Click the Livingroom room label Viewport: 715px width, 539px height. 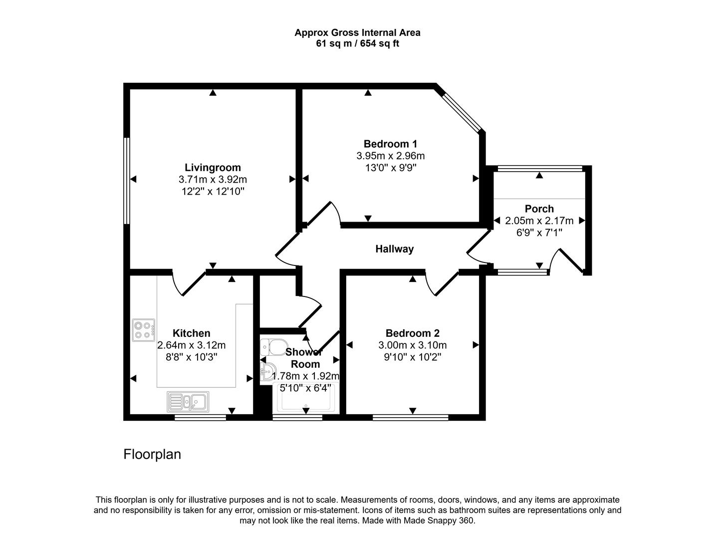(x=213, y=168)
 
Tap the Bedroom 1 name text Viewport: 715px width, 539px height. (x=390, y=144)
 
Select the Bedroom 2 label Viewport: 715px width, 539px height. (x=412, y=333)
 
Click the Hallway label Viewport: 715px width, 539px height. (x=394, y=249)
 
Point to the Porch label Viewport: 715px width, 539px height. (x=539, y=209)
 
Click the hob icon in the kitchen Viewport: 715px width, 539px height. (x=143, y=330)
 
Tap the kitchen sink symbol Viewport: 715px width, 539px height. (x=189, y=401)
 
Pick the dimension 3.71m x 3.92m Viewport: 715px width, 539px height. (x=213, y=180)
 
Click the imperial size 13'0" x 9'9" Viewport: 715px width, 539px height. (x=390, y=168)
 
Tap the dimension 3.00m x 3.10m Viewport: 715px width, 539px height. (x=412, y=345)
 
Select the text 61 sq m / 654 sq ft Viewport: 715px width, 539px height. (x=357, y=43)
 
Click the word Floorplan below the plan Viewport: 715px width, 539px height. (x=152, y=454)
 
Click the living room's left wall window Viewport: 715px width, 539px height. (x=127, y=181)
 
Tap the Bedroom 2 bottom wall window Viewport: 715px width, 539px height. (x=410, y=417)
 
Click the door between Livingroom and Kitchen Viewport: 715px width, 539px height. (x=189, y=283)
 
